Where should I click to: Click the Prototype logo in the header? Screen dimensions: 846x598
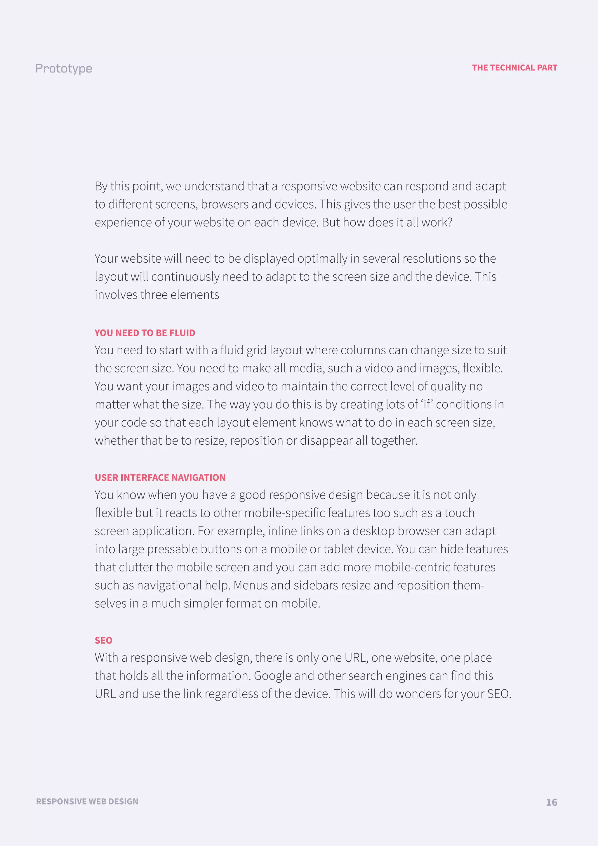[64, 69]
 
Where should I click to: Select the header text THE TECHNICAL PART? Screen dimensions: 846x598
[514, 68]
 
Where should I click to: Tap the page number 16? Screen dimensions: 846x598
[551, 802]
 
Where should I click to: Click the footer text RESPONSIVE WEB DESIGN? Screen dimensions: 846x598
[87, 801]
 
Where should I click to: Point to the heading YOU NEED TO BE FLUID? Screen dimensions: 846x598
[145, 333]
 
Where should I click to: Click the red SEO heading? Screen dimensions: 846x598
[103, 640]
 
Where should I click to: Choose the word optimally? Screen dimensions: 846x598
[322, 259]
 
